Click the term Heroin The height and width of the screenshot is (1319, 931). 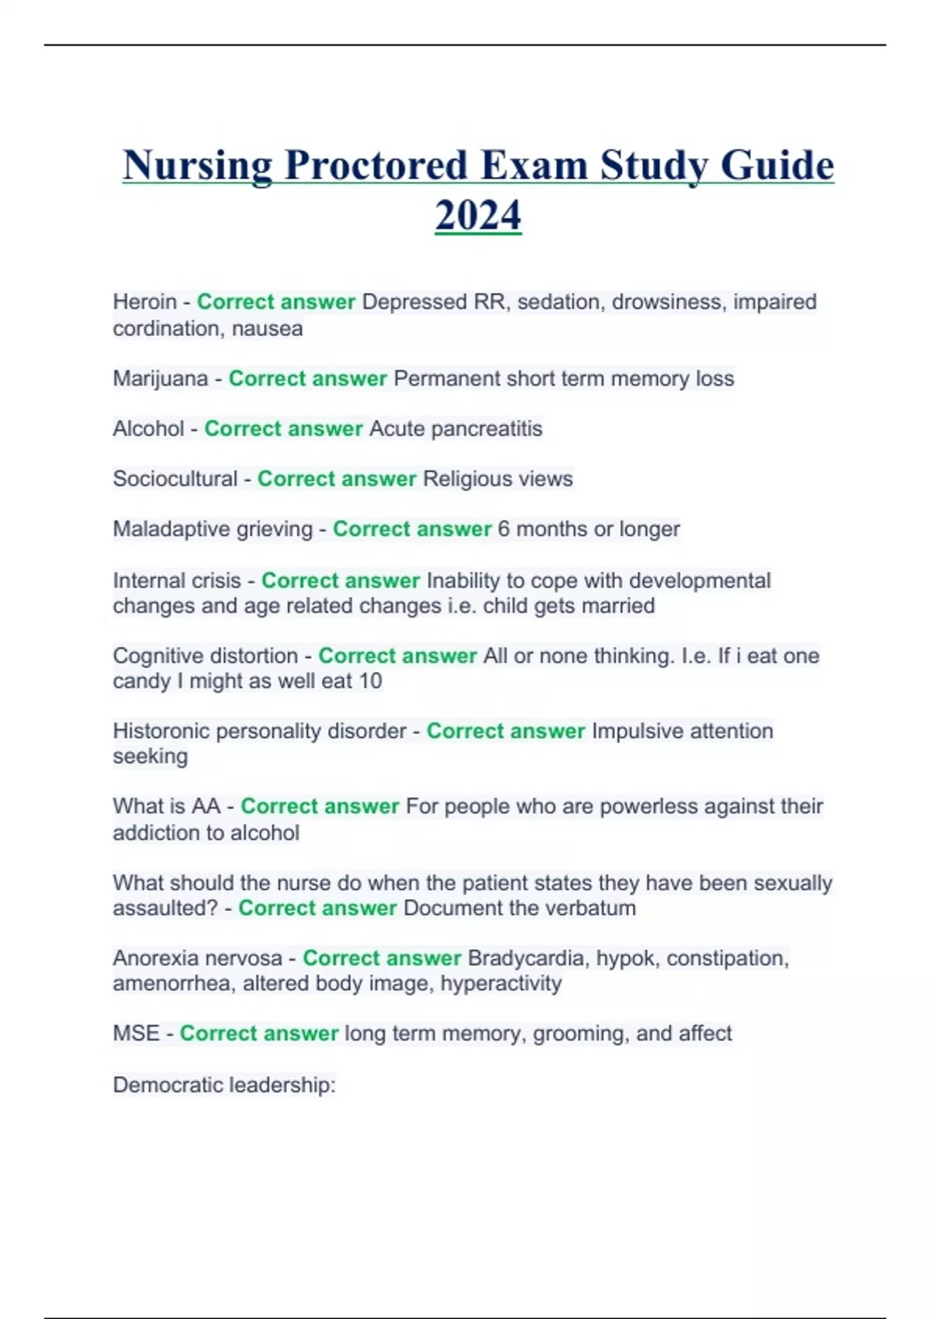pyautogui.click(x=145, y=302)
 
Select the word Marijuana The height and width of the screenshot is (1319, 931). pyautogui.click(x=161, y=379)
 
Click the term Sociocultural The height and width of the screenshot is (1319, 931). pyautogui.click(x=175, y=479)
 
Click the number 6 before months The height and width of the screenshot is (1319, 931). pyautogui.click(x=504, y=529)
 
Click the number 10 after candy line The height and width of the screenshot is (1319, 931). pyautogui.click(x=370, y=681)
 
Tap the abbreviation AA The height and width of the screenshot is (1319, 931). pyautogui.click(x=206, y=806)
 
